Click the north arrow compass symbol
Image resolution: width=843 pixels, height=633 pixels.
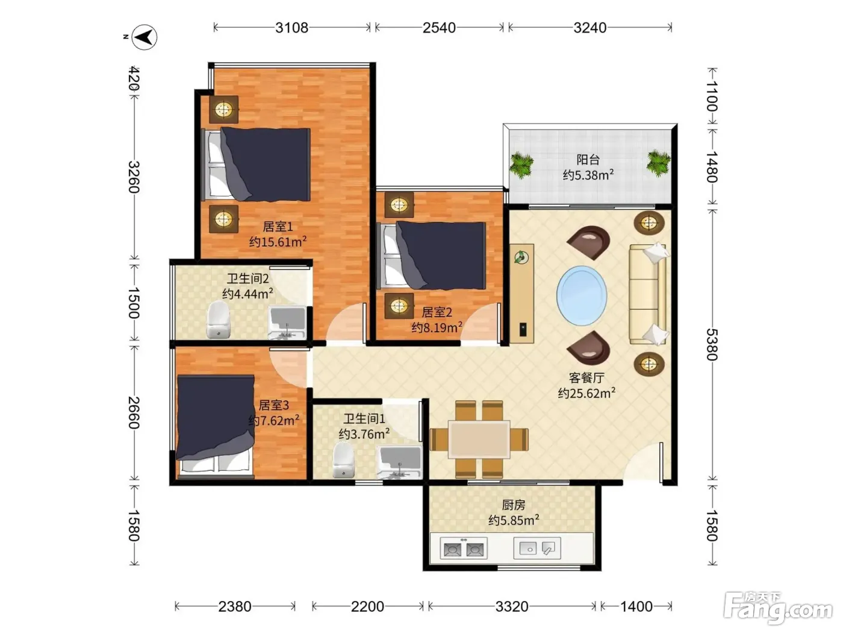[144, 37]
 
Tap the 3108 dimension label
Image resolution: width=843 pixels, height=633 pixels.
[291, 28]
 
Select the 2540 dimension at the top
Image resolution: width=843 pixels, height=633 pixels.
[439, 28]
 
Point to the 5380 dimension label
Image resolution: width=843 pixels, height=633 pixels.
[712, 344]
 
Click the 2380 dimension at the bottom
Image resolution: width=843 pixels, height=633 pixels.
[235, 606]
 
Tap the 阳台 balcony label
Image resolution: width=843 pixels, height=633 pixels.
[588, 160]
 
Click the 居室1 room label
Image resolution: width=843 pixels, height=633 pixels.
[278, 227]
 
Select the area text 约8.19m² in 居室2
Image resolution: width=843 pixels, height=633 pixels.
[437, 327]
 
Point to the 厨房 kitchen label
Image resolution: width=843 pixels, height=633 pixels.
[514, 505]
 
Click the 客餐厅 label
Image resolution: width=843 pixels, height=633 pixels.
[586, 378]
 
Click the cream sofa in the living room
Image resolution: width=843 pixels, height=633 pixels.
[649, 294]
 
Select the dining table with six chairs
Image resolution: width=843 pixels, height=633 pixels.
[479, 439]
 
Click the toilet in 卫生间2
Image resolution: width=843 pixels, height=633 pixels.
[219, 320]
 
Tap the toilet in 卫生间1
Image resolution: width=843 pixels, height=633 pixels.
[343, 459]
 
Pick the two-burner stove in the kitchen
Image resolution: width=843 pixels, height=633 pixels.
[464, 548]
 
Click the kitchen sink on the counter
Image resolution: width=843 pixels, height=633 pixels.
[537, 547]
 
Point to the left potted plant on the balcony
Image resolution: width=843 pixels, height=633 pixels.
[521, 165]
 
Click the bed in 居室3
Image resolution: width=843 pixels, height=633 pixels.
[215, 426]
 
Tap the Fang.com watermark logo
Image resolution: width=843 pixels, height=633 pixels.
[778, 608]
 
